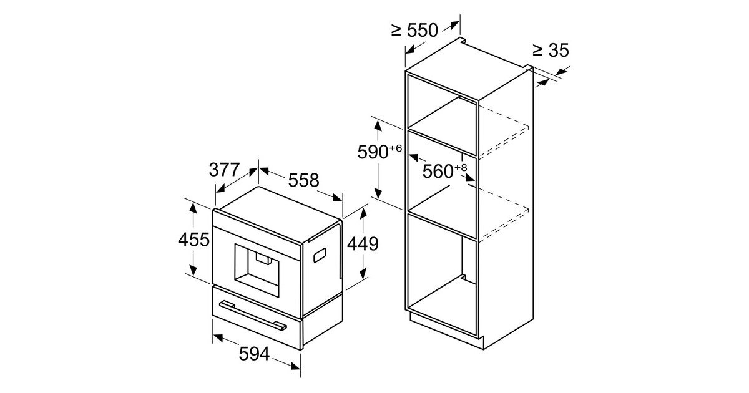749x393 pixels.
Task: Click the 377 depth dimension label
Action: click(x=224, y=170)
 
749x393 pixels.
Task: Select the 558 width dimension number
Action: click(x=303, y=180)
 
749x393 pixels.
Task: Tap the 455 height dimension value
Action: click(x=194, y=240)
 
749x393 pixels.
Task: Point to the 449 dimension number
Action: click(x=363, y=244)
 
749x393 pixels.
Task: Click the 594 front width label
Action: click(x=254, y=354)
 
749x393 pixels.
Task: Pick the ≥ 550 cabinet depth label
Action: click(x=414, y=31)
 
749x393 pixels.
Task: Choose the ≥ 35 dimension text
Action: click(x=551, y=51)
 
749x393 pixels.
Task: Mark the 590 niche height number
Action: click(x=373, y=152)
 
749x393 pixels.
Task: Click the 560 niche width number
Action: click(x=438, y=172)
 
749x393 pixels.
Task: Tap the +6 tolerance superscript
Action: click(x=395, y=148)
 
